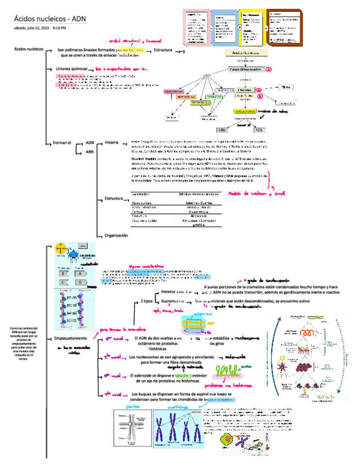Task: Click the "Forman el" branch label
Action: pos(62,143)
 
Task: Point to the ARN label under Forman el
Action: pos(90,151)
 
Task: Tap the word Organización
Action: pos(116,235)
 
